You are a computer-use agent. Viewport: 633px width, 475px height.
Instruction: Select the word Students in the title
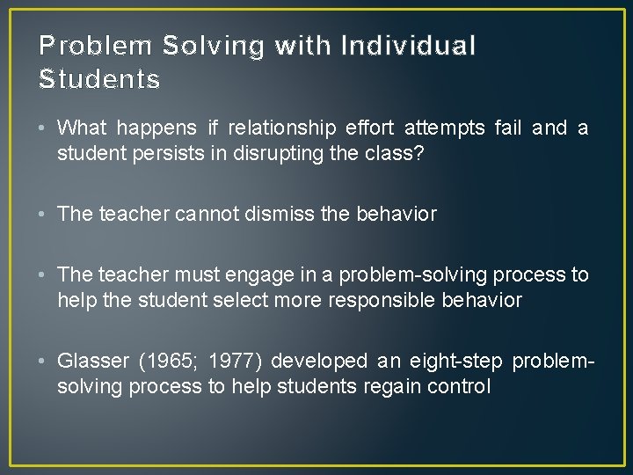[x=99, y=80]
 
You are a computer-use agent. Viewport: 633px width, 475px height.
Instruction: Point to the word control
[x=459, y=386]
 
